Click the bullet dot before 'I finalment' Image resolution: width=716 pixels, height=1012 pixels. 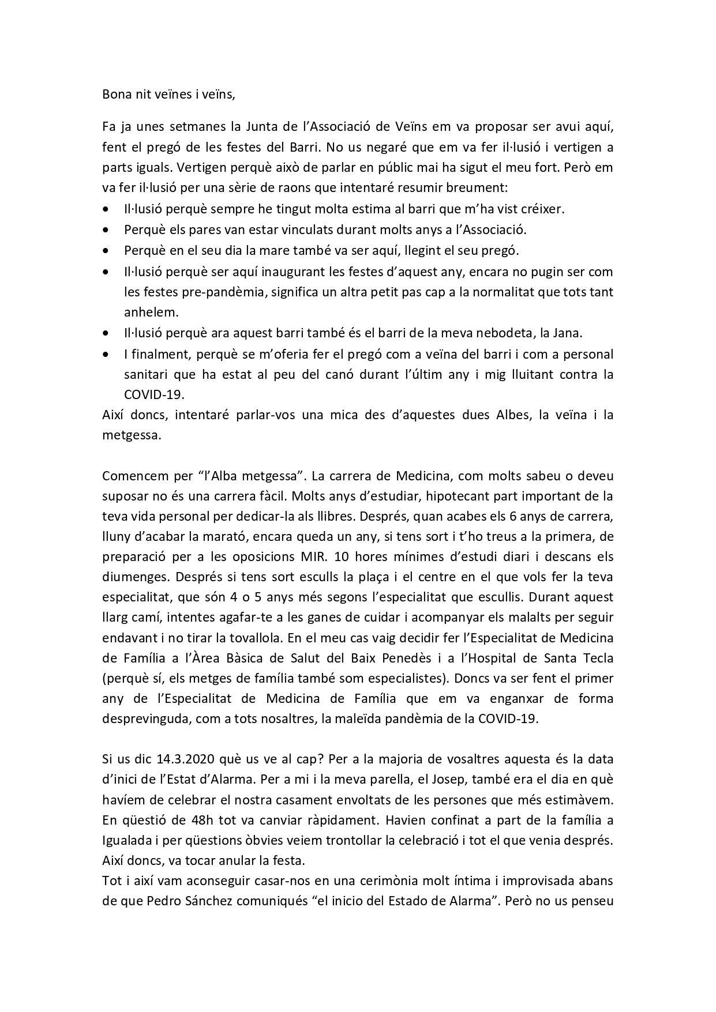click(105, 354)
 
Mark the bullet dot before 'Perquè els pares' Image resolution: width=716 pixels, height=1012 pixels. click(105, 230)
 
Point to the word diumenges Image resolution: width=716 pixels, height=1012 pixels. click(130, 577)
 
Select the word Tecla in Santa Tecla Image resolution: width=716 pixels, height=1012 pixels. click(597, 658)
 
